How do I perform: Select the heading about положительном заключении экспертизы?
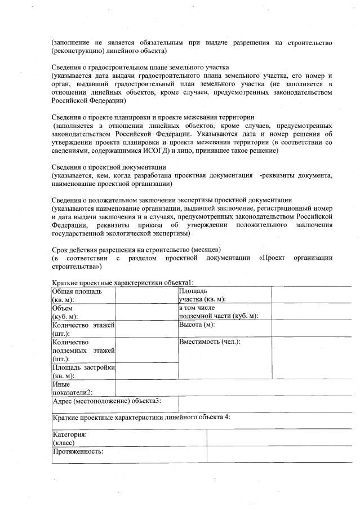pyautogui.click(x=171, y=200)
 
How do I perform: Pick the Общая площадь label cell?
pyautogui.click(x=83, y=295)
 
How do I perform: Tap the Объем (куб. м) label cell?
pyautogui.click(x=83, y=312)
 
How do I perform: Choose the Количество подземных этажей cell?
pyautogui.click(x=83, y=350)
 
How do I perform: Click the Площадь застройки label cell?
pyautogui.click(x=83, y=371)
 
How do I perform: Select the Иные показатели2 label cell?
pyautogui.click(x=83, y=388)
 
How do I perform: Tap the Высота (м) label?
pyautogui.click(x=197, y=325)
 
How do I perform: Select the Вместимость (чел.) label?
pyautogui.click(x=210, y=342)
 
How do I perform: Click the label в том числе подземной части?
pyautogui.click(x=219, y=312)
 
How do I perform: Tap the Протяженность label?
pyautogui.click(x=78, y=452)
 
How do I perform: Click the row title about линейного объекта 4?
pyautogui.click(x=141, y=418)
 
